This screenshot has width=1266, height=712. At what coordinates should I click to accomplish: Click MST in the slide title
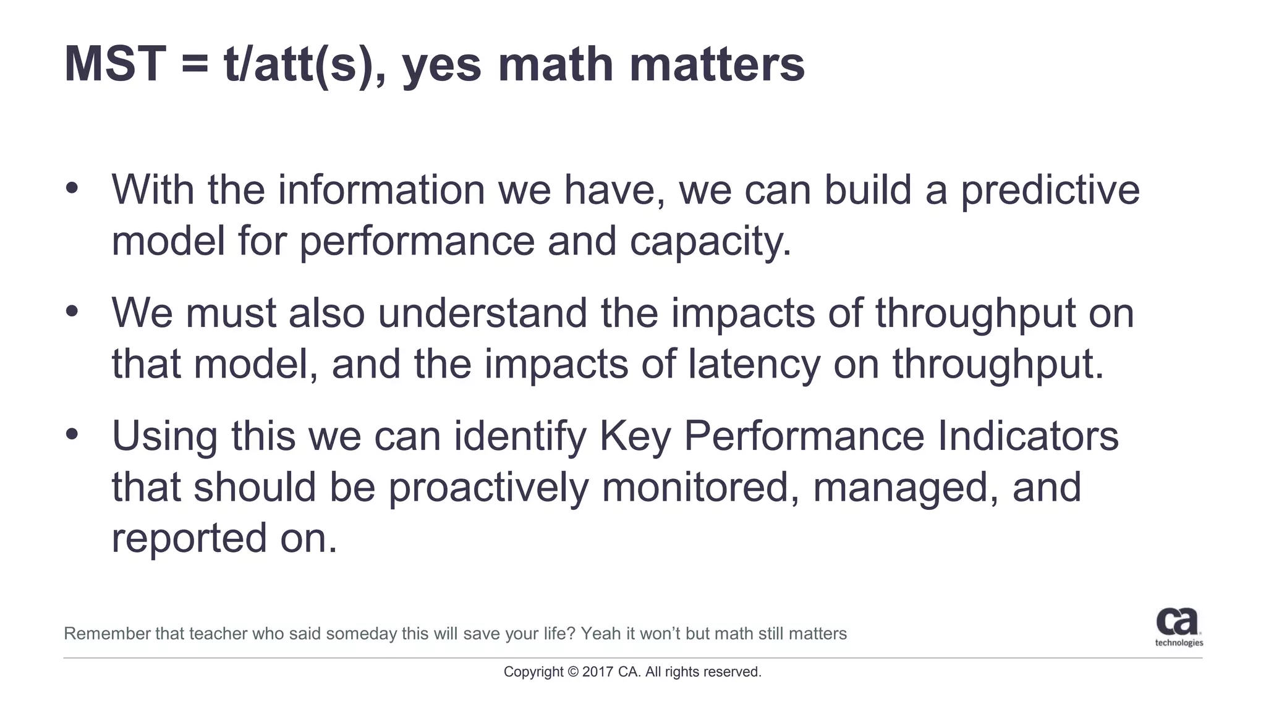(115, 64)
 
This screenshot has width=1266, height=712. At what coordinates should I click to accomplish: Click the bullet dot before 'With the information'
(72, 188)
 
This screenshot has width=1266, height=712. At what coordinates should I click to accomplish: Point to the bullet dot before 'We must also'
(72, 311)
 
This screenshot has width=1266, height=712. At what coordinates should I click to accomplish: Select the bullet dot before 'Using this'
(72, 434)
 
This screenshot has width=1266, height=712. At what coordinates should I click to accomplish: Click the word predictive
(1049, 190)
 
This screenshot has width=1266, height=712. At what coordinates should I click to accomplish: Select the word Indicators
(1027, 436)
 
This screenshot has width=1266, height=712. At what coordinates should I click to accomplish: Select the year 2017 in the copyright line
(597, 672)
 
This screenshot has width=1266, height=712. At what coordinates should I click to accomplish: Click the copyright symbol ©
(572, 672)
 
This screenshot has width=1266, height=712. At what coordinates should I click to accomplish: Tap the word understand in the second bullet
(482, 313)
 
